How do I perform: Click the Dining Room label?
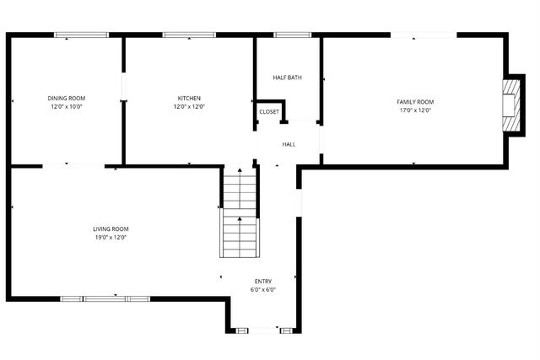tap(66, 98)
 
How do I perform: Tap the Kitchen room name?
tap(189, 98)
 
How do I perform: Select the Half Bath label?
tap(287, 78)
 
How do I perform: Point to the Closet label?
tap(269, 111)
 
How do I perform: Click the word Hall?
tap(289, 144)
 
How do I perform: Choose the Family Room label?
tap(415, 102)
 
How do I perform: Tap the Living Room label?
tap(111, 228)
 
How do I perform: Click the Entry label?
tap(263, 282)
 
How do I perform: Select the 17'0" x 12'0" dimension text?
tap(415, 110)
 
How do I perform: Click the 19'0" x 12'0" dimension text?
tap(111, 238)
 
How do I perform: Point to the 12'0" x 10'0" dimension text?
tap(66, 107)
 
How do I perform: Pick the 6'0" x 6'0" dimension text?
tap(263, 290)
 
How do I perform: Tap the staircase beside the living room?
tap(240, 215)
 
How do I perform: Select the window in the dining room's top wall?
tap(82, 35)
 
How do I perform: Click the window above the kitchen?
tap(189, 35)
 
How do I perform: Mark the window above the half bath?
tap(292, 35)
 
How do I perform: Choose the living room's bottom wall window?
tap(105, 298)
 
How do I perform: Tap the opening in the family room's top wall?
tap(424, 35)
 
